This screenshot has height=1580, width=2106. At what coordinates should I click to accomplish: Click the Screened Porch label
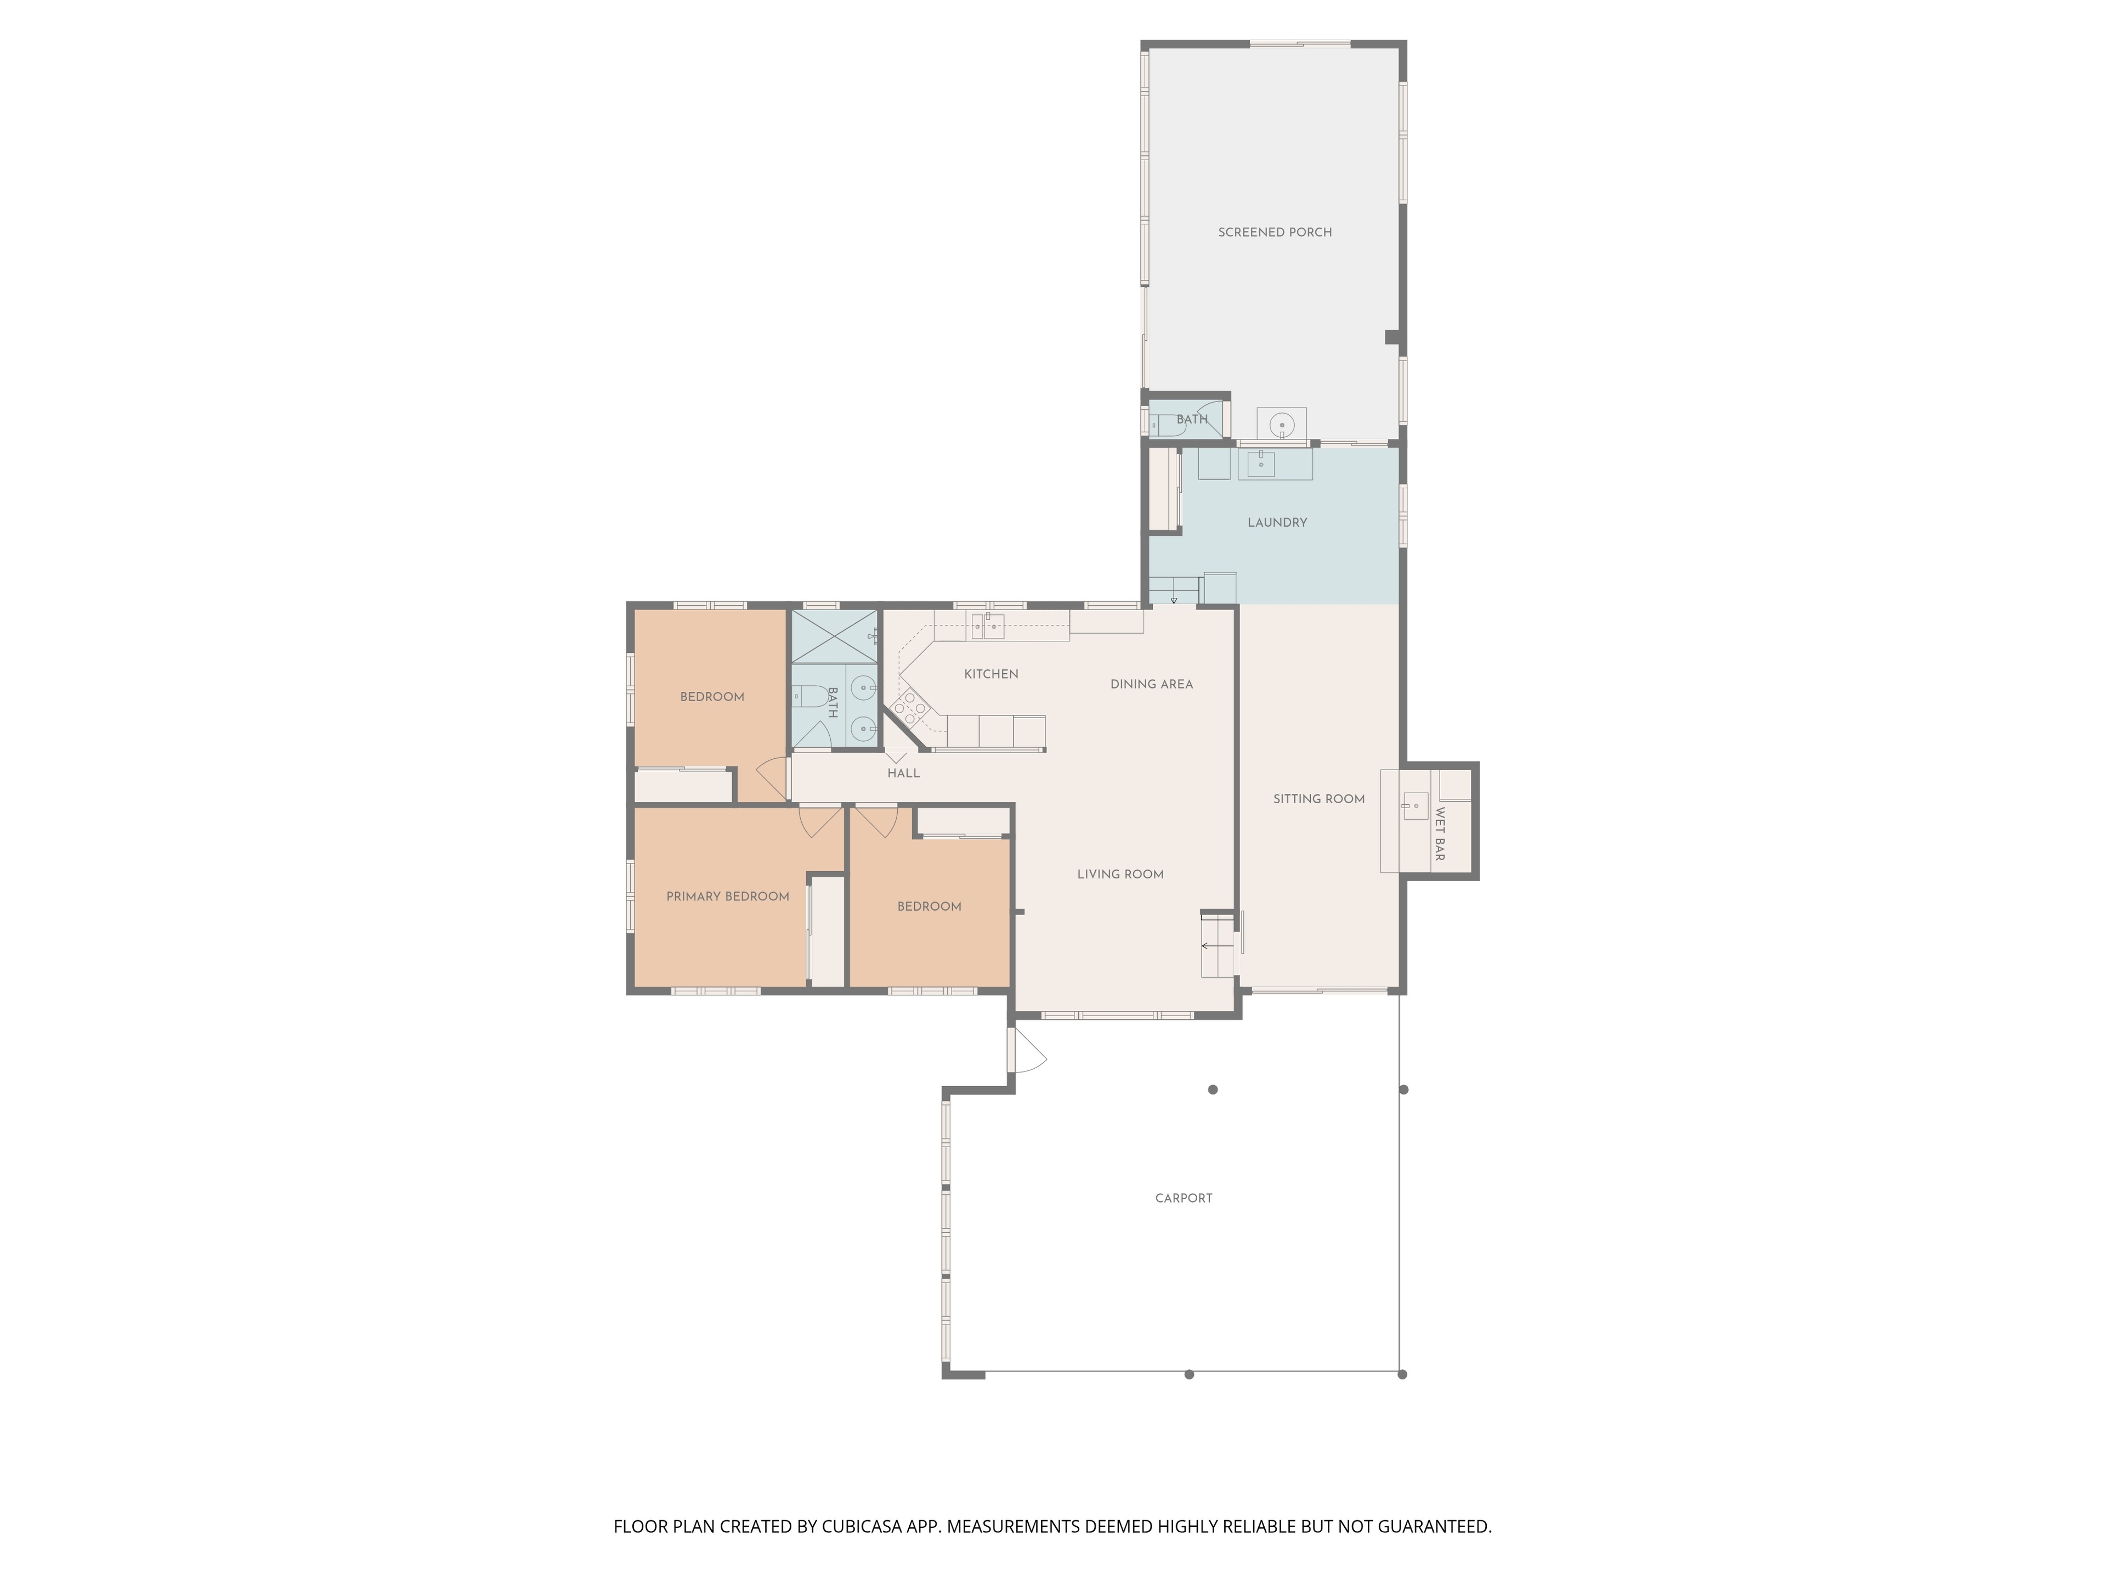tap(1275, 233)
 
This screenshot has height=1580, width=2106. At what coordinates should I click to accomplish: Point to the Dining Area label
tap(1151, 684)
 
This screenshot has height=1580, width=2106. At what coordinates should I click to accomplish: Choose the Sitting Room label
tap(1318, 799)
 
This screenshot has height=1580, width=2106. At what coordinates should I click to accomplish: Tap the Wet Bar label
tap(1440, 834)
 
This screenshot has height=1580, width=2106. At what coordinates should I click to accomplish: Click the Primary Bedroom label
tap(727, 896)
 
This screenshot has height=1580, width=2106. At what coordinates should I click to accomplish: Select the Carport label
tap(1184, 1198)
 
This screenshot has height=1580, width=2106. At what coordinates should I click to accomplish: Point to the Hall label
tap(903, 774)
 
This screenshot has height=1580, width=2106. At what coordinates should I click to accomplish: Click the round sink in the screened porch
tap(1282, 425)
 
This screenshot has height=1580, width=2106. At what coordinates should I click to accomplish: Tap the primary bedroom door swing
tap(820, 821)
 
